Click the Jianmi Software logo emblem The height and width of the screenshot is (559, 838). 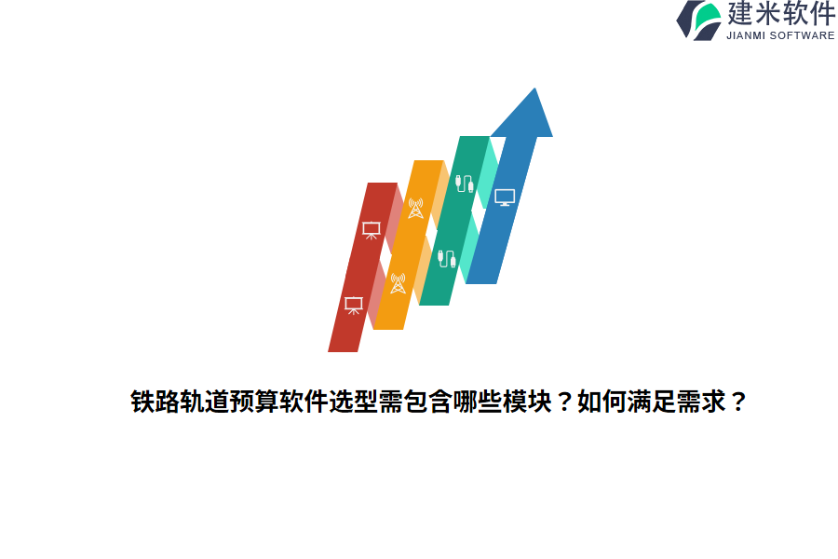(699, 20)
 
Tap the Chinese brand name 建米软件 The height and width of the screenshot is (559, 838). (781, 14)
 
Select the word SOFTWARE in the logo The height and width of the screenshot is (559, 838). (804, 35)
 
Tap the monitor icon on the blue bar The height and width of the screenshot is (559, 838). (505, 197)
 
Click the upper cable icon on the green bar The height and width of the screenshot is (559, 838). (464, 184)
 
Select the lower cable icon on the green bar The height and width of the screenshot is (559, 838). (447, 258)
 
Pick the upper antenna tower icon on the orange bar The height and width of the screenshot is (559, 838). (415, 209)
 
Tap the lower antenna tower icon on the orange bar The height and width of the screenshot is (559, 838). (398, 283)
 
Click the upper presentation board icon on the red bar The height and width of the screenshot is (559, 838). (371, 229)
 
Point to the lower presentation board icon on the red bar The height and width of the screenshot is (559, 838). (353, 305)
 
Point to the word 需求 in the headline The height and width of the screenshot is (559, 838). (699, 402)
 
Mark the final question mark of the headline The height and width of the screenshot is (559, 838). (737, 402)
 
